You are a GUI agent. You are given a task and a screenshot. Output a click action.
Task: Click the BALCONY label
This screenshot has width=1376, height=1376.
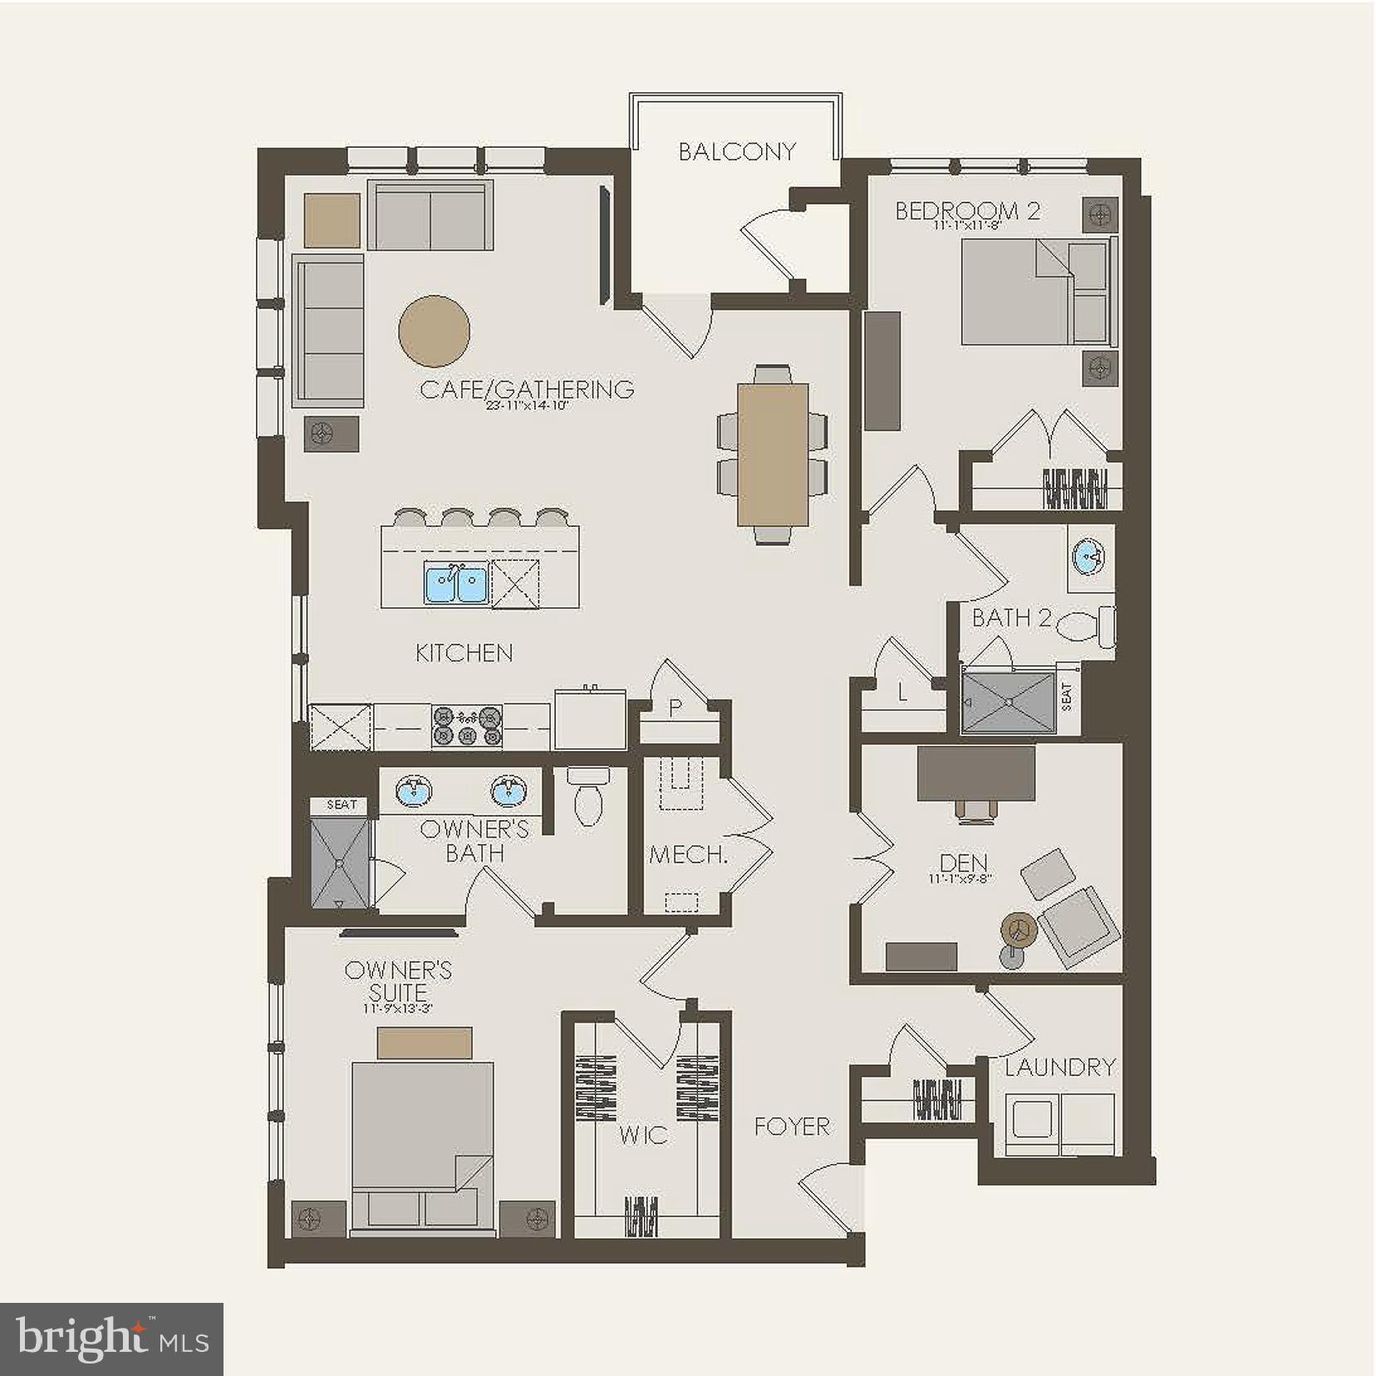(x=737, y=151)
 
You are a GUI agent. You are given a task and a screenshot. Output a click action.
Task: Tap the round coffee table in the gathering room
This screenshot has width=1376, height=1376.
(x=434, y=332)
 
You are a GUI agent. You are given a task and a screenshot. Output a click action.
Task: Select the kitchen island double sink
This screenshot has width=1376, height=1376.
(x=455, y=582)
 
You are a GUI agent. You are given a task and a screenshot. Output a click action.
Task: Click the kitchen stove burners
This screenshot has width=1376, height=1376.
(x=466, y=725)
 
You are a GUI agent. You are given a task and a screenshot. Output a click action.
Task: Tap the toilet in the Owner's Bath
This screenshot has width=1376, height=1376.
(x=587, y=799)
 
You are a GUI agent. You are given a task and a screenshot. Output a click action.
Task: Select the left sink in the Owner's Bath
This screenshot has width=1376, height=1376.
(x=412, y=790)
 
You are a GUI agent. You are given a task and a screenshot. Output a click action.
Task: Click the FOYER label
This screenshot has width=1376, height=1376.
(x=792, y=1127)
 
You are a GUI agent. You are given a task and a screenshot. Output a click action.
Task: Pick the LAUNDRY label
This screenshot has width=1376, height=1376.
(x=1059, y=1067)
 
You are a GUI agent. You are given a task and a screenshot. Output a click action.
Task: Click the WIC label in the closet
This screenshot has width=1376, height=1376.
(x=643, y=1135)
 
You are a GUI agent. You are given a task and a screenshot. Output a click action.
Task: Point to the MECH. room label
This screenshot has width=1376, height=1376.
(x=688, y=854)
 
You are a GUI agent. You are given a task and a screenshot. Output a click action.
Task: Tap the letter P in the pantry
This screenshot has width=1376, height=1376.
(x=675, y=709)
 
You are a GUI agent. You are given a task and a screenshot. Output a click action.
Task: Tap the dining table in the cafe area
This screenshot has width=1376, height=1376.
(x=773, y=454)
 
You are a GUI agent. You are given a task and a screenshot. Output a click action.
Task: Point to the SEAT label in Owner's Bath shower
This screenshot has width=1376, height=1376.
(x=342, y=804)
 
